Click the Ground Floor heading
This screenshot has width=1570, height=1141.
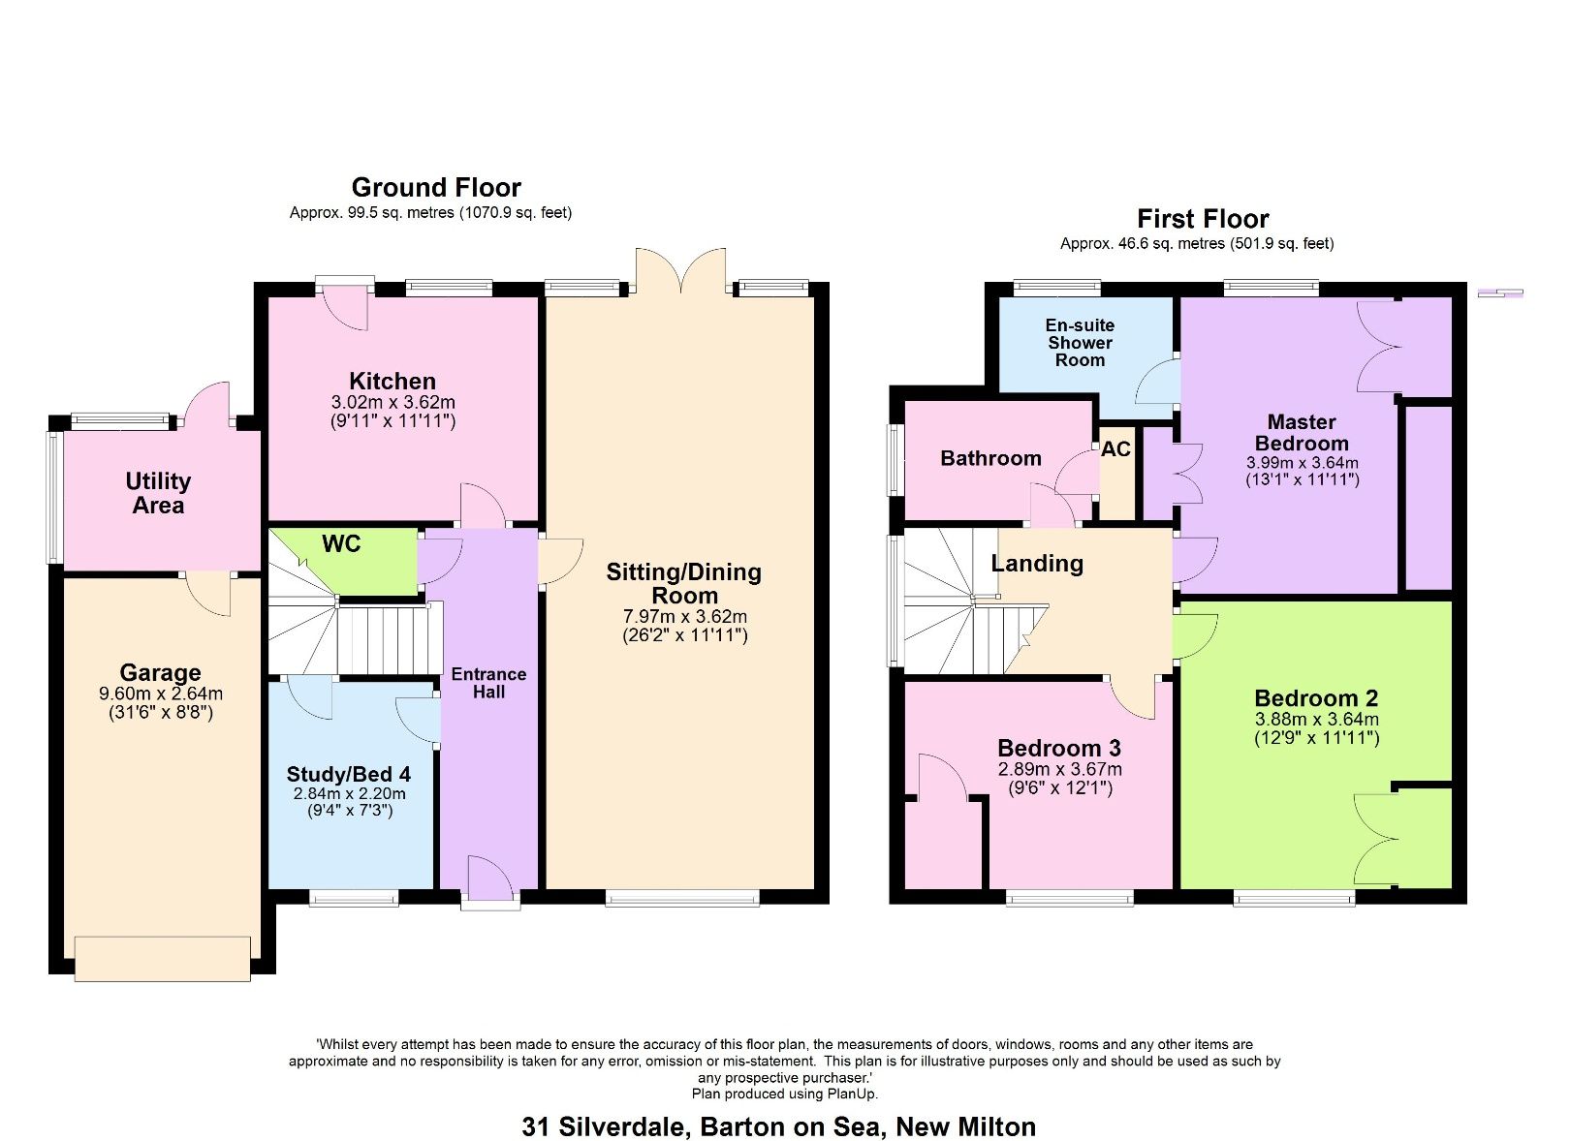pos(435,187)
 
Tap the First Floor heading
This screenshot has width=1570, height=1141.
pos(1202,218)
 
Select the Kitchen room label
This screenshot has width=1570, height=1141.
pos(392,381)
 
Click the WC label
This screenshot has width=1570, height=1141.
pos(341,544)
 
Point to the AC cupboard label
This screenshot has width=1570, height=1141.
pos(1115,449)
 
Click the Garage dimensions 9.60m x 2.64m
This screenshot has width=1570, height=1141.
pos(161,694)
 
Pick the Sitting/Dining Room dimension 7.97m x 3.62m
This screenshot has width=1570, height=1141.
pos(684,616)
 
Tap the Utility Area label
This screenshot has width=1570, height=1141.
pos(158,493)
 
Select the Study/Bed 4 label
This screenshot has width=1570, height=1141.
pos(349,774)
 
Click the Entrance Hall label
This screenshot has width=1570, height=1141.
pos(488,683)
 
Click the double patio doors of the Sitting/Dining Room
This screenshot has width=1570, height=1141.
pos(680,272)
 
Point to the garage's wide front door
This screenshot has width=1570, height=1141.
pos(163,958)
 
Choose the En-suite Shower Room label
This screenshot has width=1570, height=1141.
pos(1080,343)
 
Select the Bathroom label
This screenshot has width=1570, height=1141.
pos(990,458)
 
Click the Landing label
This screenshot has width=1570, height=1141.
pos(1037,564)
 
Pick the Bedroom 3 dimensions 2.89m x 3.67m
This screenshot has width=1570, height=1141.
pos(1059,769)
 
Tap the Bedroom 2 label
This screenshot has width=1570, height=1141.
pos(1315,698)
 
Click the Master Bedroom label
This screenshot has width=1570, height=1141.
pos(1302,432)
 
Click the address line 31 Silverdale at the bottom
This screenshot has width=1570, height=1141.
pos(778,1126)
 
